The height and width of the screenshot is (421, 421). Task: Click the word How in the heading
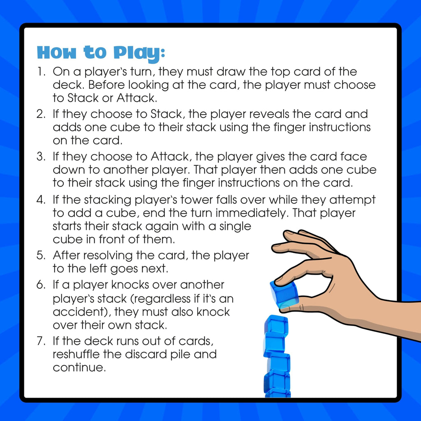pyautogui.click(x=57, y=52)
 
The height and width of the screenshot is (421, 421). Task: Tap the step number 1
pyautogui.click(x=41, y=72)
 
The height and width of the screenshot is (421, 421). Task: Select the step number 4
pyautogui.click(x=41, y=200)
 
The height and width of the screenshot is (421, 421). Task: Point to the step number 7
pyautogui.click(x=41, y=341)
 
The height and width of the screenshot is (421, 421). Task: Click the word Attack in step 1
pyautogui.click(x=136, y=98)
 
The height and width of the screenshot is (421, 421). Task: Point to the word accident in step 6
pyautogui.click(x=80, y=312)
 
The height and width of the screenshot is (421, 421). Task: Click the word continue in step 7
pyautogui.click(x=79, y=368)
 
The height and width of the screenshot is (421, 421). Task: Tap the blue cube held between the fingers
pyautogui.click(x=285, y=294)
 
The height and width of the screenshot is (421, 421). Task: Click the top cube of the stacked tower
pyautogui.click(x=277, y=325)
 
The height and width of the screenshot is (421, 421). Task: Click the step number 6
pyautogui.click(x=41, y=285)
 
